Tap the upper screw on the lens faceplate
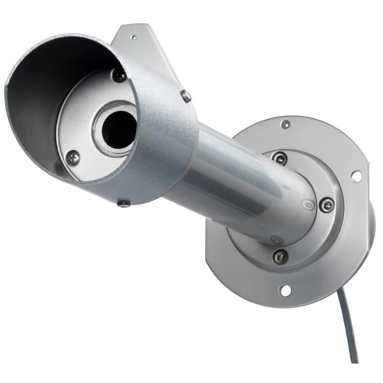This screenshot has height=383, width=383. [120, 75]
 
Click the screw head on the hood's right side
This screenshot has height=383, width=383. [186, 95]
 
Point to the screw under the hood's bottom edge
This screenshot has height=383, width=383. [123, 203]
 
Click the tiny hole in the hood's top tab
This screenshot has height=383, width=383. [134, 37]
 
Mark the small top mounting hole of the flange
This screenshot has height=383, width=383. [286, 124]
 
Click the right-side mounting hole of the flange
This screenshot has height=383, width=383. [355, 176]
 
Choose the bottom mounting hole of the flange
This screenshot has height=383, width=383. [286, 289]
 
